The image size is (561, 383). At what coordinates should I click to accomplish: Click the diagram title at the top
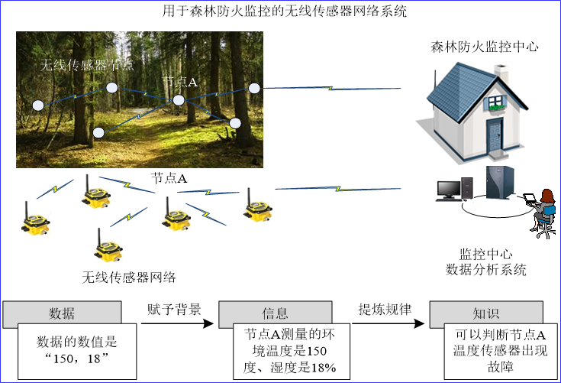(x=285, y=11)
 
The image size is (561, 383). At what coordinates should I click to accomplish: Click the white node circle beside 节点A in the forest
(x=179, y=100)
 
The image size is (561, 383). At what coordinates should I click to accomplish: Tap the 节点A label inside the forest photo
(x=179, y=82)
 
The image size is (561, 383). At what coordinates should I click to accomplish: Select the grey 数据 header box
(x=62, y=313)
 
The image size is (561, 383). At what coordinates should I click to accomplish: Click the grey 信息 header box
(x=275, y=313)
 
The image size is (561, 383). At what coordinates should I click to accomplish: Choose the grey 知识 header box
(x=486, y=313)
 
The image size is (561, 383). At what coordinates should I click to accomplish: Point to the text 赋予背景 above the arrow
(x=174, y=309)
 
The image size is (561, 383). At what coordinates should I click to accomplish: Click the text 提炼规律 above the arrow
(x=385, y=309)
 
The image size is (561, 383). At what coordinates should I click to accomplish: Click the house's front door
(x=495, y=136)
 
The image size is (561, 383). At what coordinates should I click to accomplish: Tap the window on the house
(x=495, y=102)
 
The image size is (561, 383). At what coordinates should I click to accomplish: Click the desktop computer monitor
(x=449, y=190)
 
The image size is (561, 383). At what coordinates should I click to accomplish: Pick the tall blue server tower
(x=500, y=183)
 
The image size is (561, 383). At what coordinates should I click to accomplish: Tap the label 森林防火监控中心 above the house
(x=485, y=47)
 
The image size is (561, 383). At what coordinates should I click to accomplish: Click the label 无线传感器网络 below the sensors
(x=129, y=277)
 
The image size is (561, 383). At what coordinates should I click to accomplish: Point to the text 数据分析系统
(x=486, y=269)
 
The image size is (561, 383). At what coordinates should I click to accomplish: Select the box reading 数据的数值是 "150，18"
(x=77, y=351)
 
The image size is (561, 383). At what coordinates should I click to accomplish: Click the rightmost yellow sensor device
(x=258, y=206)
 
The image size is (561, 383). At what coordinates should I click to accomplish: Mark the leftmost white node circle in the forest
(x=38, y=105)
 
